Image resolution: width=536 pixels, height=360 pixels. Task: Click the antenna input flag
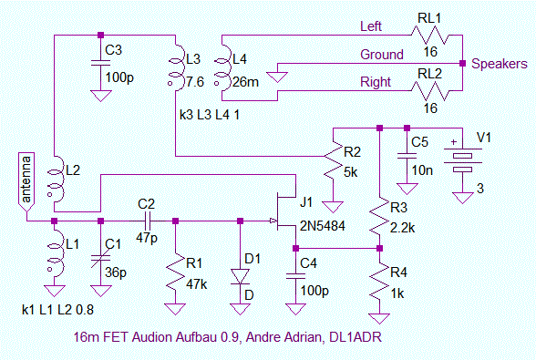coord(26,182)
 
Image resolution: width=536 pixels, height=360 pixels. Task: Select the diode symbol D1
coord(240,276)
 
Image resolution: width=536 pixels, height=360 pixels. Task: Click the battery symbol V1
coord(462,160)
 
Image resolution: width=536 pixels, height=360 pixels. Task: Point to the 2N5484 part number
coord(323,226)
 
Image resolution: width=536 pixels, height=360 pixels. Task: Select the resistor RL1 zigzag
coord(429,35)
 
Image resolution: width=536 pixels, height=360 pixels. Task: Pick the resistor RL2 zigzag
coord(429,90)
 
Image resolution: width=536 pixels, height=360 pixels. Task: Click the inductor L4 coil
coord(222,67)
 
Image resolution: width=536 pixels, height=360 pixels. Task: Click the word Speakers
coord(500,64)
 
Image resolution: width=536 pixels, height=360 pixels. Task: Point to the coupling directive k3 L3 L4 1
coord(210,115)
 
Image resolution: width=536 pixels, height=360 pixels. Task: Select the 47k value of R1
coord(197,284)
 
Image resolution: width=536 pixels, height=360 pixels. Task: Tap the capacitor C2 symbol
coord(148,221)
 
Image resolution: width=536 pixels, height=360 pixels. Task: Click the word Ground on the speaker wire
coord(382,55)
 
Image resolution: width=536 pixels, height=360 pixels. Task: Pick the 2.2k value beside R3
coord(402,228)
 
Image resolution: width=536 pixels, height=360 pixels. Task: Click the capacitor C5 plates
coord(407,156)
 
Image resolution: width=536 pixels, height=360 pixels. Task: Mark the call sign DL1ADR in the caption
coord(356,337)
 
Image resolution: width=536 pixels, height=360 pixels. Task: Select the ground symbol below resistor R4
coord(379,319)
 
